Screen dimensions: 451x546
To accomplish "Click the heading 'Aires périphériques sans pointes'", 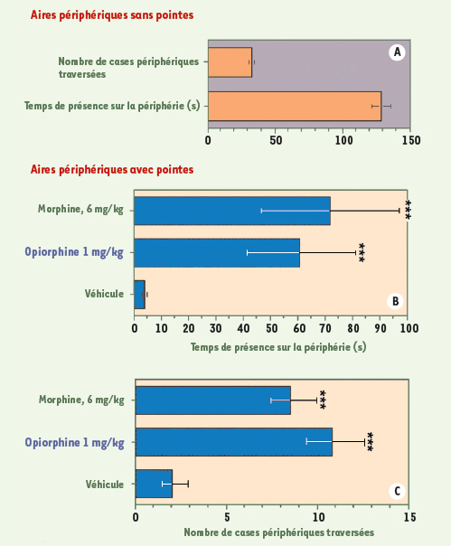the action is coord(112,15).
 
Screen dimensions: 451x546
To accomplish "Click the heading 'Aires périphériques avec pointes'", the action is coord(112,170).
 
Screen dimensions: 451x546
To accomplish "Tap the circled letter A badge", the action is coord(397,52).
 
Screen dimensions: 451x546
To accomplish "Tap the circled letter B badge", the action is coord(395,301).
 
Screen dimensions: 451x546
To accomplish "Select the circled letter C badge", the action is coord(397,491).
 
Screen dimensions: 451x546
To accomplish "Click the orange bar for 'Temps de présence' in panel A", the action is coord(295,106).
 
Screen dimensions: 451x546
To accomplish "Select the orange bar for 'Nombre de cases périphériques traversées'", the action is coord(230,62).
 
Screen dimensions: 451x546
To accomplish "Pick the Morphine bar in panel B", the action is coord(232,211).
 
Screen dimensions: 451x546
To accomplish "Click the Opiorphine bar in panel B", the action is coord(217,253).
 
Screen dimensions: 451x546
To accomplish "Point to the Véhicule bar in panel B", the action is coord(140,295).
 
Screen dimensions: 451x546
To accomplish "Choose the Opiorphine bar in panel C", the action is coord(234,442).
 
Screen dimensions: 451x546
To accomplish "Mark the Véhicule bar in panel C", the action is coord(154,484).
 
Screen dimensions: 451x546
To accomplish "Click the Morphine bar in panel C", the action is coord(213,400).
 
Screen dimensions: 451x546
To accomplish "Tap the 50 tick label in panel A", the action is coord(276,140).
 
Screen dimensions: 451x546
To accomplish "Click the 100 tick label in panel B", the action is coord(409,328).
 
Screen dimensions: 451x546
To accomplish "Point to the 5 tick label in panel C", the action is coord(227,517).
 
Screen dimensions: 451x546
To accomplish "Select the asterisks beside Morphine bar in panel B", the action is coord(409,211).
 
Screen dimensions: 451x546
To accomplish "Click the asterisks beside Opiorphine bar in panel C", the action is coord(371,442).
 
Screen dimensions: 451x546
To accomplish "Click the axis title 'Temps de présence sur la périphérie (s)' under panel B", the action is coord(278,347).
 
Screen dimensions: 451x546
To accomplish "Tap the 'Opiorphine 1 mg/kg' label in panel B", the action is coord(74,252).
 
